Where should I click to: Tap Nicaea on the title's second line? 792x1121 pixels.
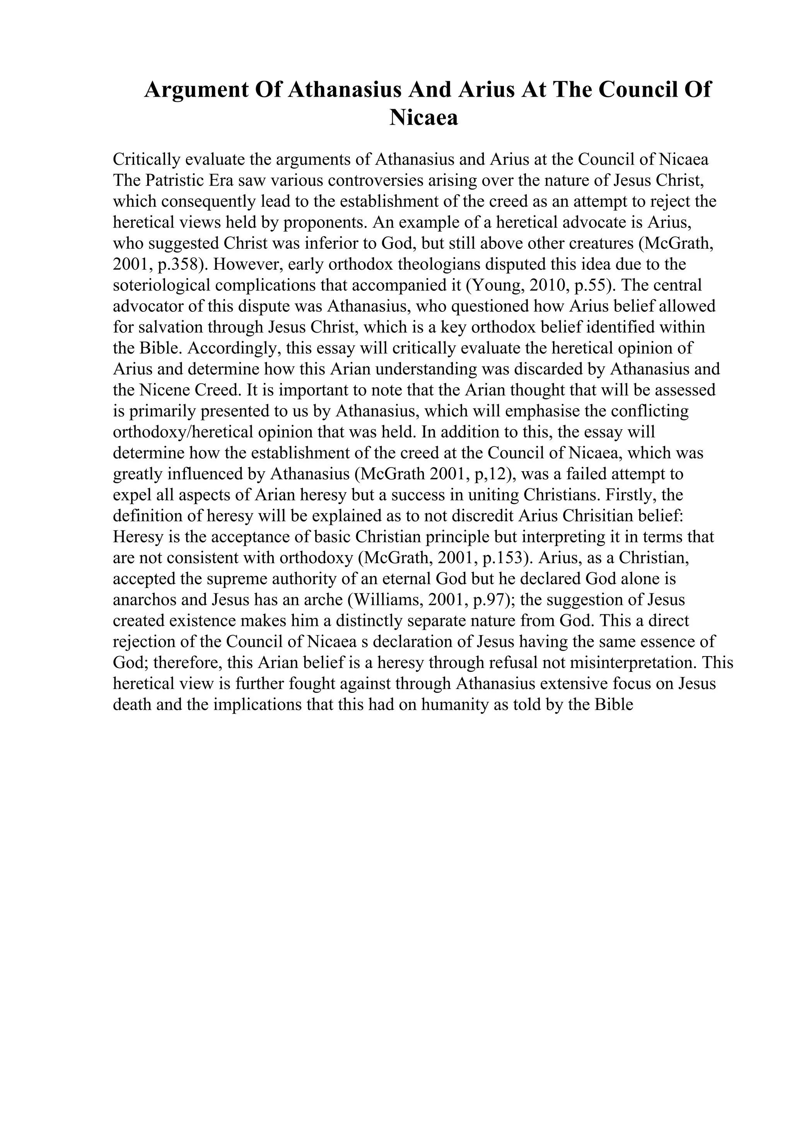(x=423, y=118)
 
